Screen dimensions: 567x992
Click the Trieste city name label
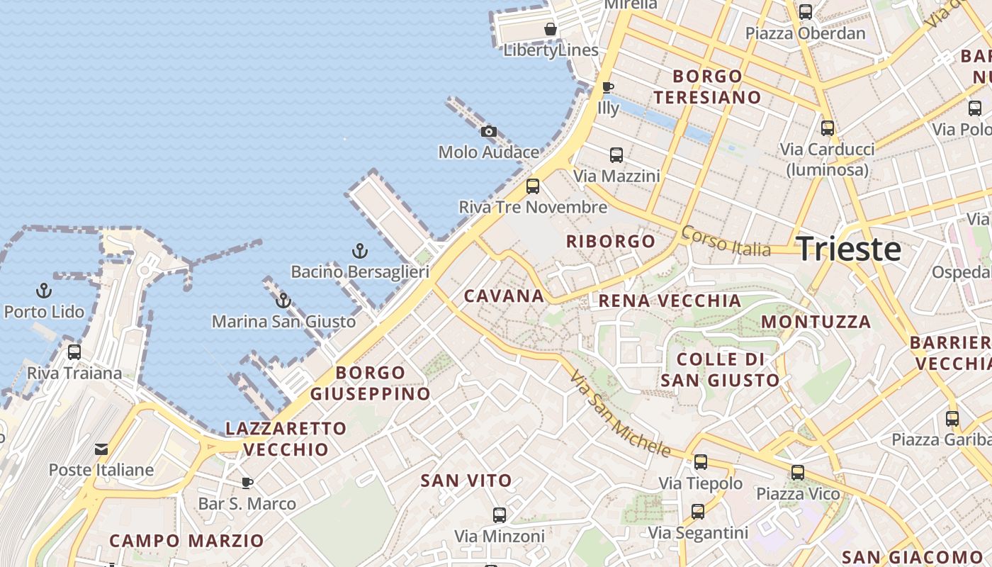[x=849, y=249]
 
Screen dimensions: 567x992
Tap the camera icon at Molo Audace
[x=488, y=131]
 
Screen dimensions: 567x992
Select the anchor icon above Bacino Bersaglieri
[x=360, y=251]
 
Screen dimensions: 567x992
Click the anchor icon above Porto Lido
[x=44, y=291]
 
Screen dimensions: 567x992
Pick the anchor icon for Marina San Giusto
[x=283, y=301]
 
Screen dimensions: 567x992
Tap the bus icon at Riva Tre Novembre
[x=533, y=186]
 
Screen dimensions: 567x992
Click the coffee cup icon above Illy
[x=607, y=87]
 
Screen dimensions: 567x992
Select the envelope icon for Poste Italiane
[x=101, y=449]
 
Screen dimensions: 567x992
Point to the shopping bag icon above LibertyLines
[x=551, y=29]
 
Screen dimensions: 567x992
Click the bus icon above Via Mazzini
[x=616, y=155]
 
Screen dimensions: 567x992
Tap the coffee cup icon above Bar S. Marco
[x=247, y=483]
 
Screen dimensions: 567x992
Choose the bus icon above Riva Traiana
[x=74, y=352]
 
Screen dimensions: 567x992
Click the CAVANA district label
[x=504, y=296]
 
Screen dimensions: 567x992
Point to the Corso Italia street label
[x=726, y=242]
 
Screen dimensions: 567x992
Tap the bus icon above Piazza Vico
[x=798, y=472]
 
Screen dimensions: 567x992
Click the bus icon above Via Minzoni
[x=500, y=515]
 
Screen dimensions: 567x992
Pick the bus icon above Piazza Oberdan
[x=806, y=12]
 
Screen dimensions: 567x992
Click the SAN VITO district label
[x=466, y=481]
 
